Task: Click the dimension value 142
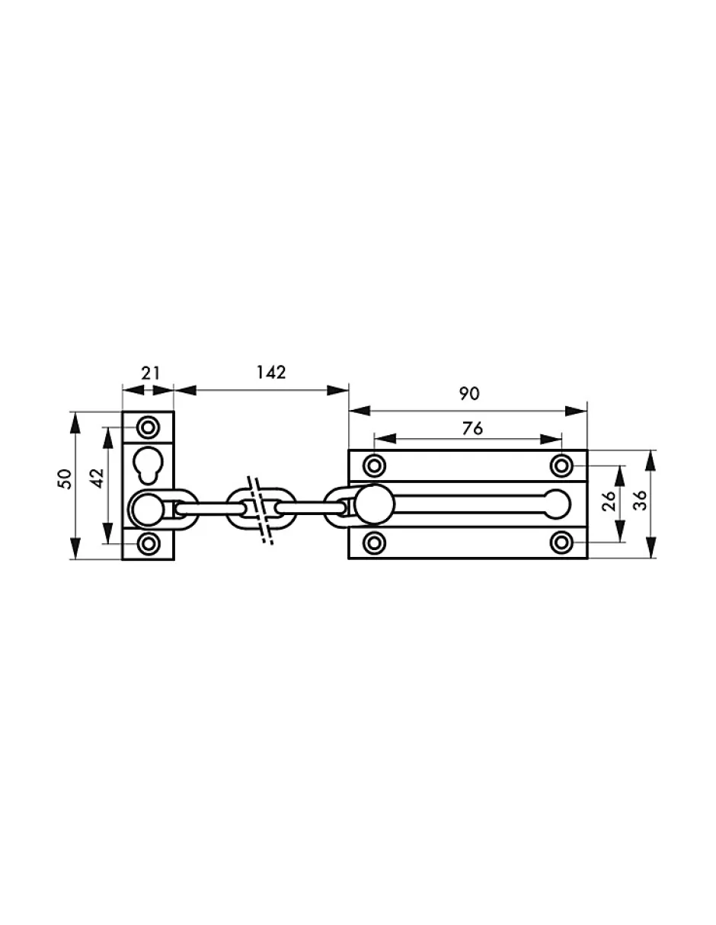click(270, 373)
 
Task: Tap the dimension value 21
click(151, 373)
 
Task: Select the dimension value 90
click(469, 394)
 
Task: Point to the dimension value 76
click(472, 428)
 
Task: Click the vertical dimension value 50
click(65, 479)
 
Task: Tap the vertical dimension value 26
click(608, 501)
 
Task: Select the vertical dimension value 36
click(639, 501)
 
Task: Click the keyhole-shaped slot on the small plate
click(148, 465)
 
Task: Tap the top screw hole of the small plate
click(148, 427)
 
